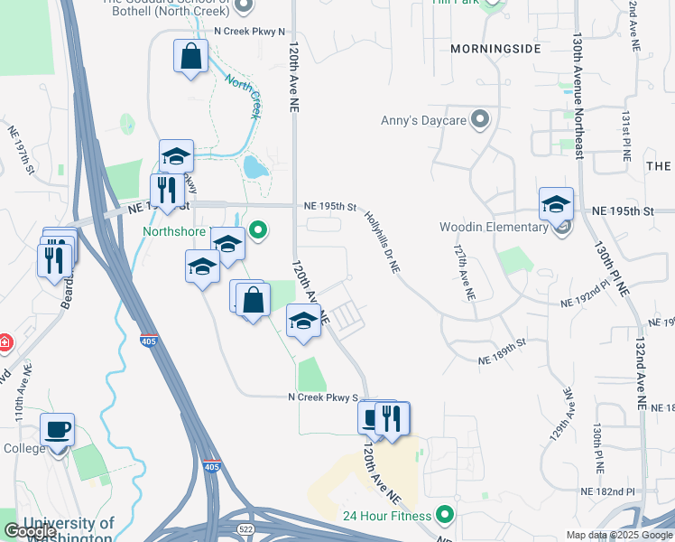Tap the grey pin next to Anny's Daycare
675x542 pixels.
[x=480, y=118]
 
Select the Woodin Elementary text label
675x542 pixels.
[x=494, y=227]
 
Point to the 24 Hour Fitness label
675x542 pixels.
[x=387, y=516]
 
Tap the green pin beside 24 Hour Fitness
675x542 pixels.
[x=444, y=516]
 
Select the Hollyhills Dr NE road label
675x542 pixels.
[x=383, y=243]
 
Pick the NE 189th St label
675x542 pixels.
[x=501, y=353]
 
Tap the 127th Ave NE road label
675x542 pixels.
[x=464, y=272]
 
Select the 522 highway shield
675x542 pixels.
[x=244, y=527]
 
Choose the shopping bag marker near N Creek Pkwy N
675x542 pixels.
[x=191, y=56]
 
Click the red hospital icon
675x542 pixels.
[x=4, y=342]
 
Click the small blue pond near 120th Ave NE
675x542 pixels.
[x=254, y=167]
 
